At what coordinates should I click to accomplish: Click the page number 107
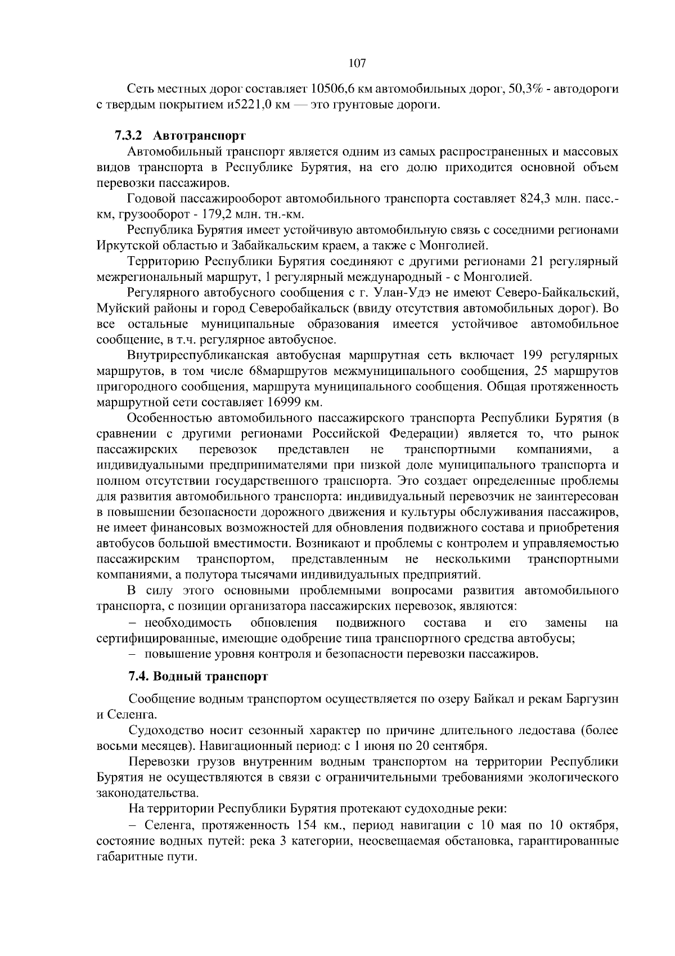pos(357,63)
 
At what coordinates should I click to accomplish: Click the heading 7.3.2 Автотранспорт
pos(181,136)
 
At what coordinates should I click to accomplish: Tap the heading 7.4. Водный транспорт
pos(198,676)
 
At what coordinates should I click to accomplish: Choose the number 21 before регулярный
pos(540,262)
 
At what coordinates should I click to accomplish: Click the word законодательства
pos(147,794)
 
